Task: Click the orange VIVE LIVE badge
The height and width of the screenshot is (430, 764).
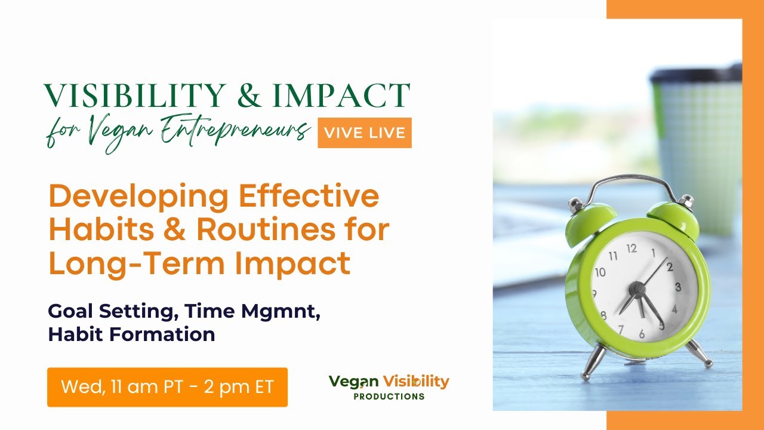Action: click(x=364, y=133)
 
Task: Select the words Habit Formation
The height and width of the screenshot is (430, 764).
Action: click(x=131, y=334)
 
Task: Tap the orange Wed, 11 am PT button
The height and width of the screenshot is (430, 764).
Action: click(x=167, y=387)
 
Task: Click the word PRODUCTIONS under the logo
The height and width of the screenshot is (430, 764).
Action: click(x=389, y=397)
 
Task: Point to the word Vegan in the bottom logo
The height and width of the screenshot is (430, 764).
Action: click(x=353, y=381)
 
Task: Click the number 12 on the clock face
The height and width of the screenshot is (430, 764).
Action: click(x=631, y=248)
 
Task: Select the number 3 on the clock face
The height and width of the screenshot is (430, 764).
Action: click(x=677, y=287)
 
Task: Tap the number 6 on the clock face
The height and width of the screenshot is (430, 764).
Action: click(x=642, y=334)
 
